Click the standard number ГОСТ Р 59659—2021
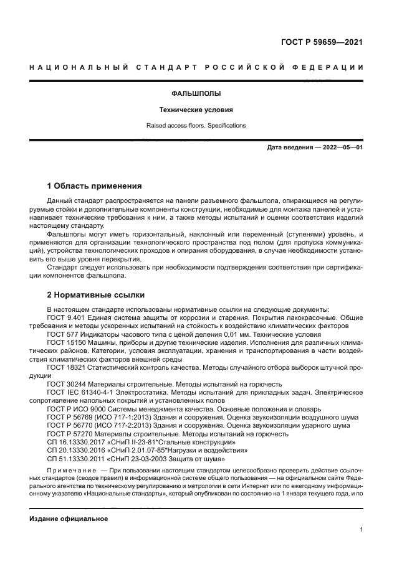pyautogui.click(x=322, y=43)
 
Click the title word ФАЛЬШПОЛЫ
pyautogui.click(x=196, y=94)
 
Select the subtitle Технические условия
pyautogui.click(x=196, y=110)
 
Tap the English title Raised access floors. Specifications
pyautogui.click(x=196, y=125)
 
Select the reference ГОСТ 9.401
pyautogui.click(x=67, y=317)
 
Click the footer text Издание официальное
pyautogui.click(x=69, y=519)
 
